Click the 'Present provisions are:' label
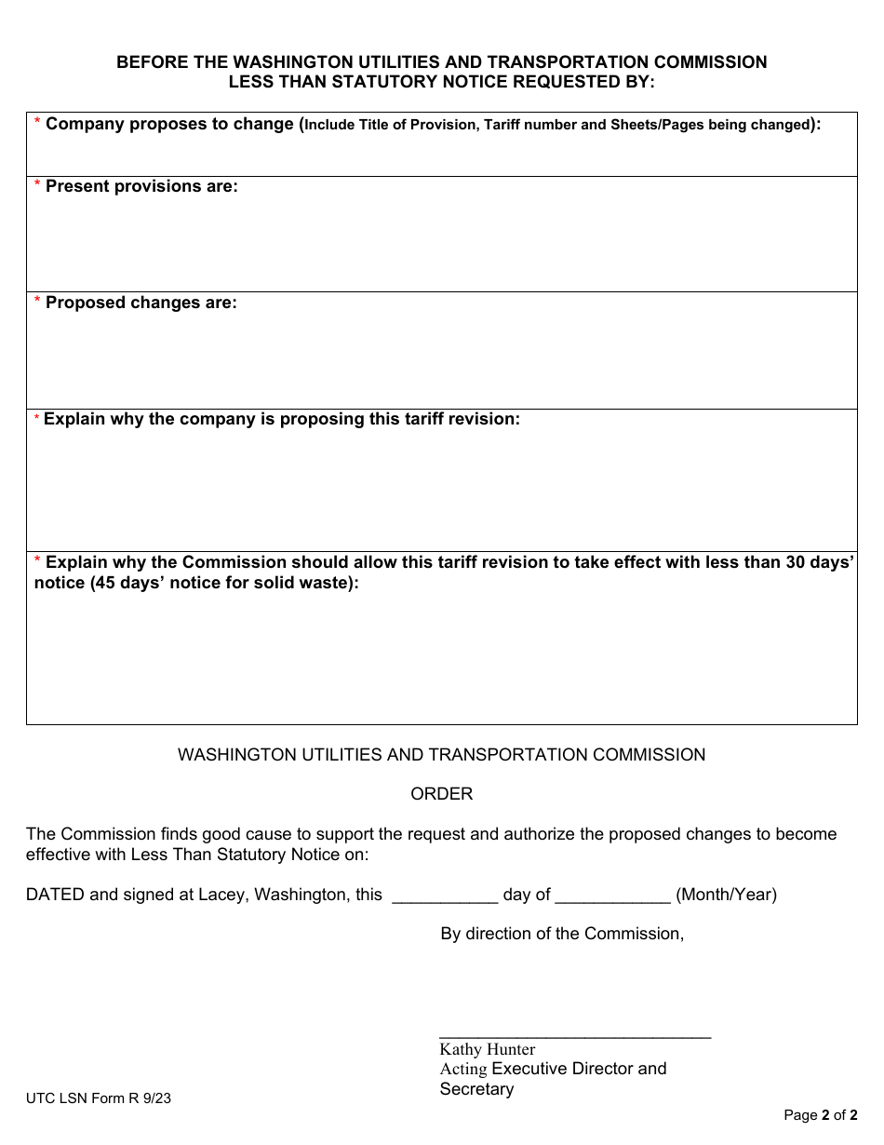141,186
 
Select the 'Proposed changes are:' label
141,303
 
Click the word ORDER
442,794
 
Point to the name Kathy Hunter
487,1049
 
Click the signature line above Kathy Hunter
574,1035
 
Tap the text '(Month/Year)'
726,895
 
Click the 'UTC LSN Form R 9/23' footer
99,1098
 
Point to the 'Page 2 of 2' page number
820,1115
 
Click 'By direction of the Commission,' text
562,934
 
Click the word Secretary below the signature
476,1089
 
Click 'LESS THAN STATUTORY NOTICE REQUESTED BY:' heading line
442,81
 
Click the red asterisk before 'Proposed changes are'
37,303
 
